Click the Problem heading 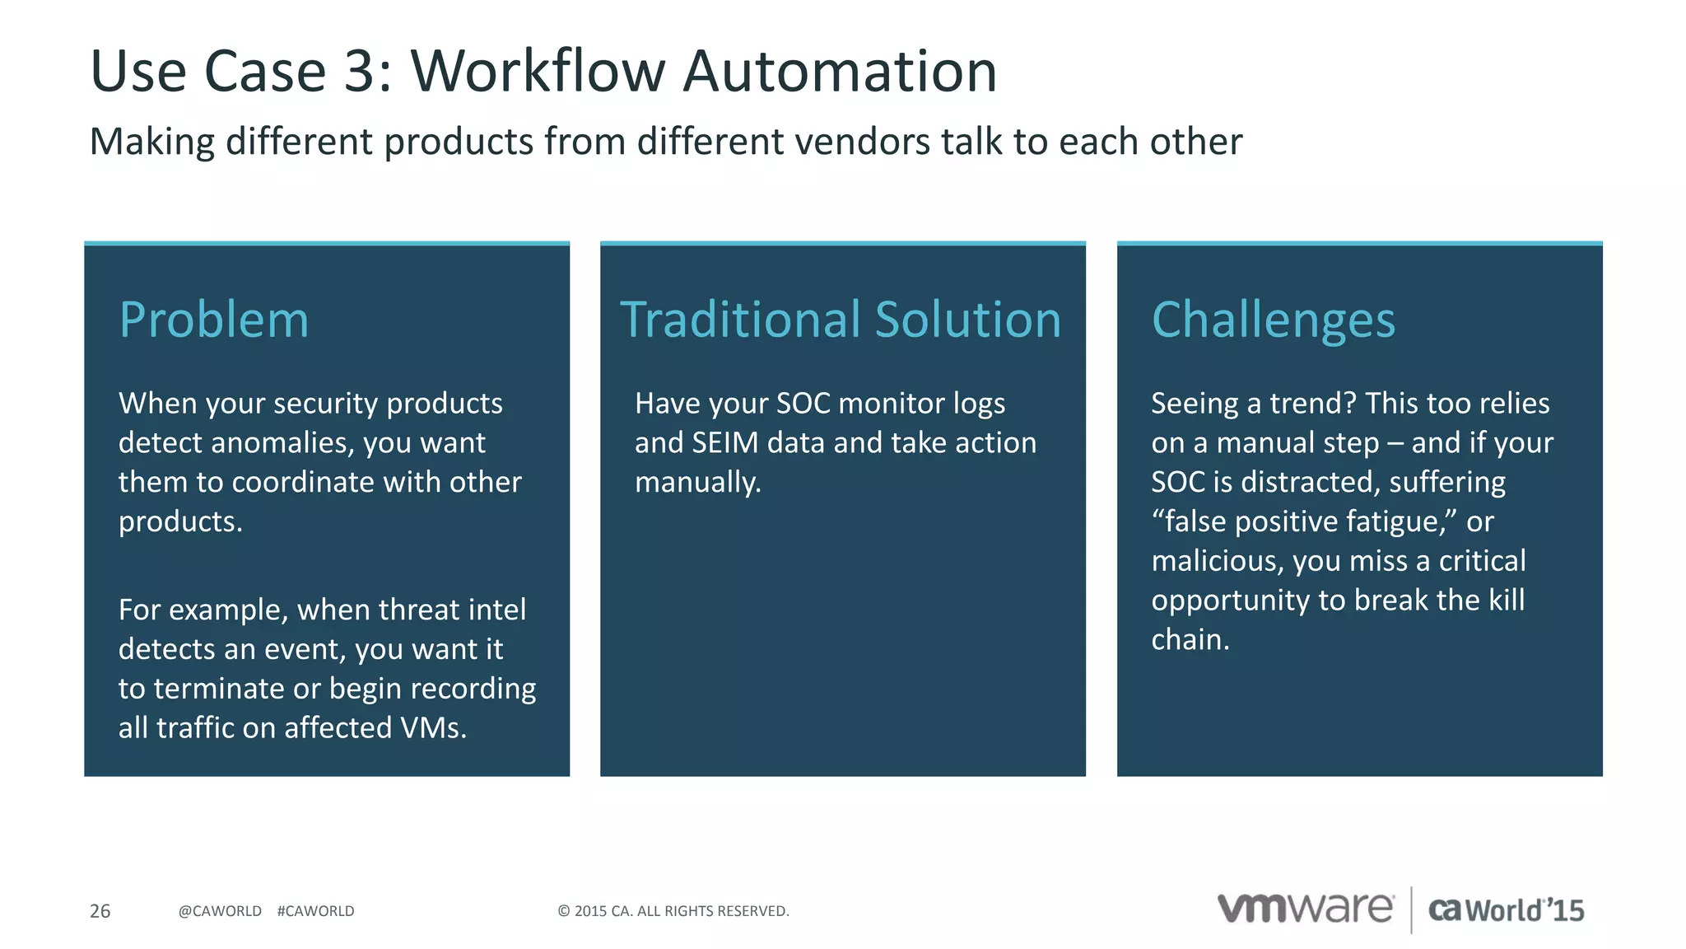click(x=214, y=320)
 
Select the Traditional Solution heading click(x=841, y=320)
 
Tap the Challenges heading click(x=1273, y=320)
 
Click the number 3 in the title click(x=360, y=72)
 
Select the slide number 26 click(x=100, y=911)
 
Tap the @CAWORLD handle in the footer click(x=220, y=911)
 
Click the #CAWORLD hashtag click(x=315, y=911)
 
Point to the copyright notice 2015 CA click(x=673, y=911)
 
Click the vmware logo click(x=1305, y=909)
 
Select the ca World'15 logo click(x=1506, y=910)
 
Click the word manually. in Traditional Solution click(x=697, y=483)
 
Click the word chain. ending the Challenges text click(x=1190, y=640)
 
